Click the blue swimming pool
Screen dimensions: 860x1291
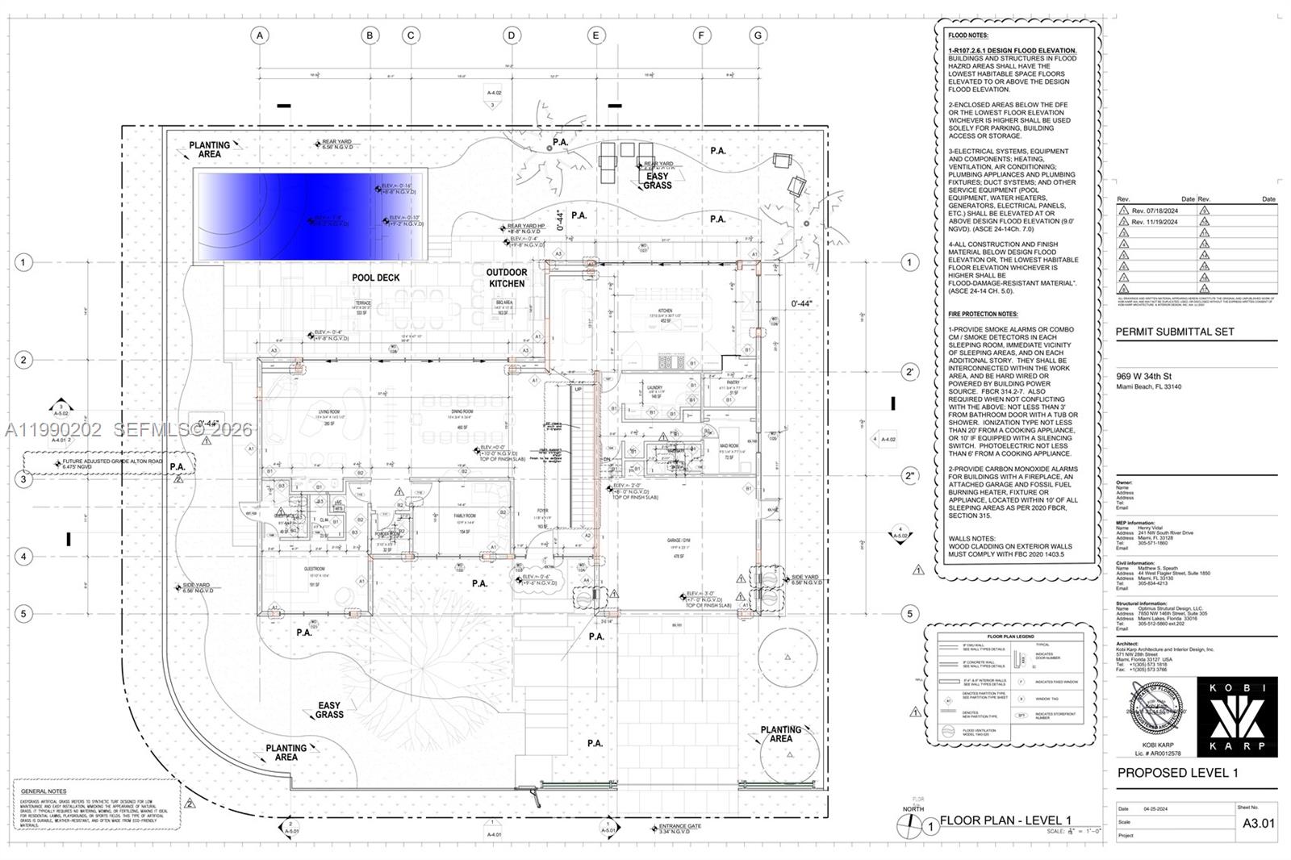[x=311, y=217]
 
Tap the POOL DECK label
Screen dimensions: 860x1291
[x=375, y=278]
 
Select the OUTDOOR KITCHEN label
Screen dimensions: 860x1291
[x=506, y=278]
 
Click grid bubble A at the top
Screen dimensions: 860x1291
[x=259, y=35]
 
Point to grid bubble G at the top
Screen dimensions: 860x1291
[x=758, y=35]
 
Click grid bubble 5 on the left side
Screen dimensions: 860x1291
[x=23, y=614]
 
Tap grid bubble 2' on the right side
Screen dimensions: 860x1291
[x=910, y=372]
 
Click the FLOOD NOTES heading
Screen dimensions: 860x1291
[x=967, y=35]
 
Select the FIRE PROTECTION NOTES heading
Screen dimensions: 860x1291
[x=983, y=314]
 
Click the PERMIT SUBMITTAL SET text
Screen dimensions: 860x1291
[x=1174, y=332]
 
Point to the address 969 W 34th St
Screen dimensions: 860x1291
[x=1143, y=376]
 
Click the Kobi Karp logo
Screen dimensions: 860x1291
[x=1237, y=716]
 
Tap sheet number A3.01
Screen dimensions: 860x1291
[x=1258, y=824]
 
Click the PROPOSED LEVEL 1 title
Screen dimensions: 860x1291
[x=1177, y=773]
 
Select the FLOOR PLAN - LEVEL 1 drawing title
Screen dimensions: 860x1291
[x=1005, y=820]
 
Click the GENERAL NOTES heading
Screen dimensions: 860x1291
[x=44, y=791]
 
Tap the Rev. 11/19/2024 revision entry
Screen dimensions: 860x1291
[x=1154, y=221]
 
